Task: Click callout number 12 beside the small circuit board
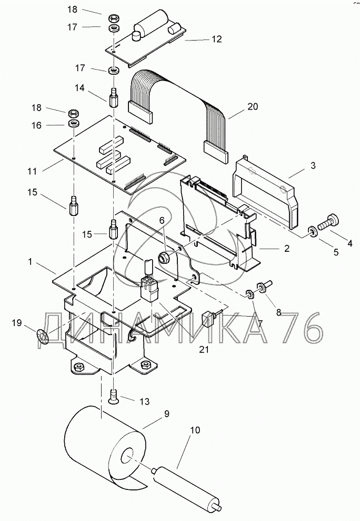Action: (x=216, y=39)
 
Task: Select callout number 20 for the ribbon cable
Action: (x=253, y=106)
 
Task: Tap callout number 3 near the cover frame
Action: (x=313, y=165)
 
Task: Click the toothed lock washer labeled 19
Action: (x=43, y=335)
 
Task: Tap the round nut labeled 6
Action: (x=164, y=257)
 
